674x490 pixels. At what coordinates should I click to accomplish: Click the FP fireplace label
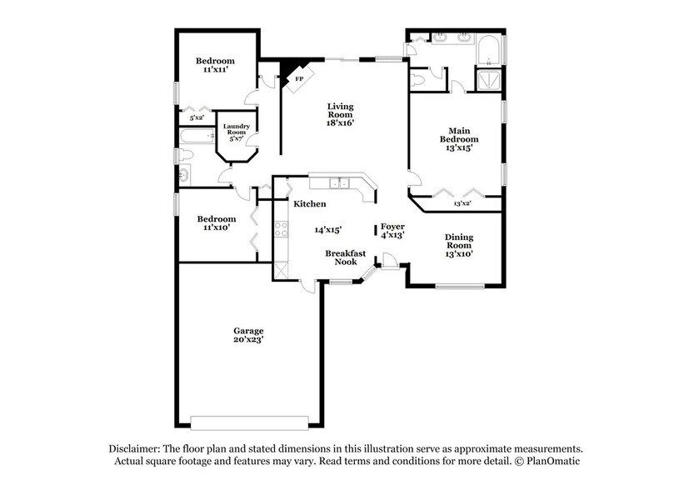click(x=298, y=79)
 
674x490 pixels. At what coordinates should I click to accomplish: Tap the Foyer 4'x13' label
click(x=393, y=231)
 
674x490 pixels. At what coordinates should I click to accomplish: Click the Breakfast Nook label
click(x=346, y=257)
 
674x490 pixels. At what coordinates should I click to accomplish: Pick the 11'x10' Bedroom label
click(x=215, y=223)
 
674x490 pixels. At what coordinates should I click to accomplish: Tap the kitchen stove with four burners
click(x=282, y=230)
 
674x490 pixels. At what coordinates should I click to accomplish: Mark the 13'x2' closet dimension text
click(x=462, y=203)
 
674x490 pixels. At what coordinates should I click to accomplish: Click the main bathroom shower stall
click(x=486, y=79)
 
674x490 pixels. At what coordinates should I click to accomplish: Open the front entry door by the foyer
click(x=390, y=262)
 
